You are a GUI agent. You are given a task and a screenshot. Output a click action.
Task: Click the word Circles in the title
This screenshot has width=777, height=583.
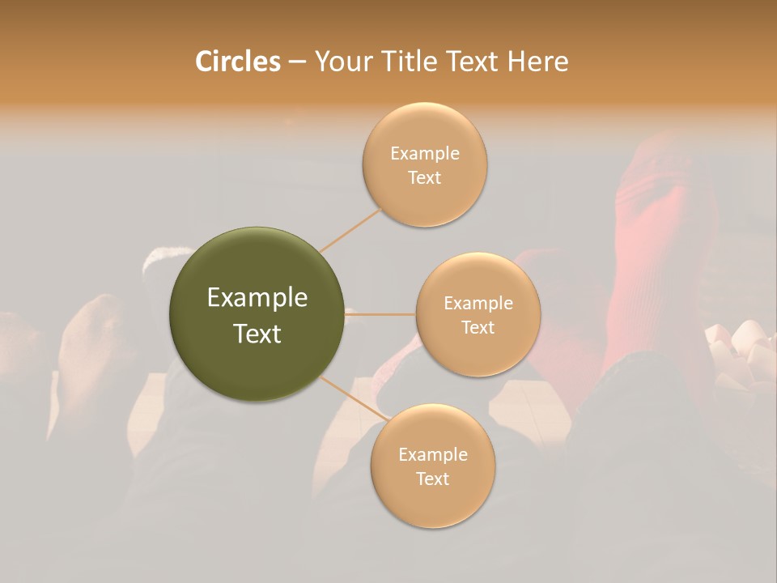point(237,61)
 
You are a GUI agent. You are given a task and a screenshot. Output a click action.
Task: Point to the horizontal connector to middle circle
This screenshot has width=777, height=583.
point(380,314)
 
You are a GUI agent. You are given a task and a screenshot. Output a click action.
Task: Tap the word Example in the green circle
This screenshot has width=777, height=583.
point(257,298)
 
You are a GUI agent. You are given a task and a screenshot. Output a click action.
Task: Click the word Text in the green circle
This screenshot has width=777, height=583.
point(257,334)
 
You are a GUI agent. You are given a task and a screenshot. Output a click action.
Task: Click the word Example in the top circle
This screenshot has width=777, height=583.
point(425,154)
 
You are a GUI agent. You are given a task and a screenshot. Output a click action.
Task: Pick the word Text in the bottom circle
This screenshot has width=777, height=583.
point(432,479)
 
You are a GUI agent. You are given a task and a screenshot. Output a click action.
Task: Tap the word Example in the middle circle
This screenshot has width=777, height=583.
point(478,304)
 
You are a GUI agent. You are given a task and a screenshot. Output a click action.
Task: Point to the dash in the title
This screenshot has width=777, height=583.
point(297,62)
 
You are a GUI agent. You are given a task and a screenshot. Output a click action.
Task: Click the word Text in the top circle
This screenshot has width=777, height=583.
point(425,177)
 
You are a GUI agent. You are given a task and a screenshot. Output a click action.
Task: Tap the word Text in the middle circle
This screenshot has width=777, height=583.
point(478,327)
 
